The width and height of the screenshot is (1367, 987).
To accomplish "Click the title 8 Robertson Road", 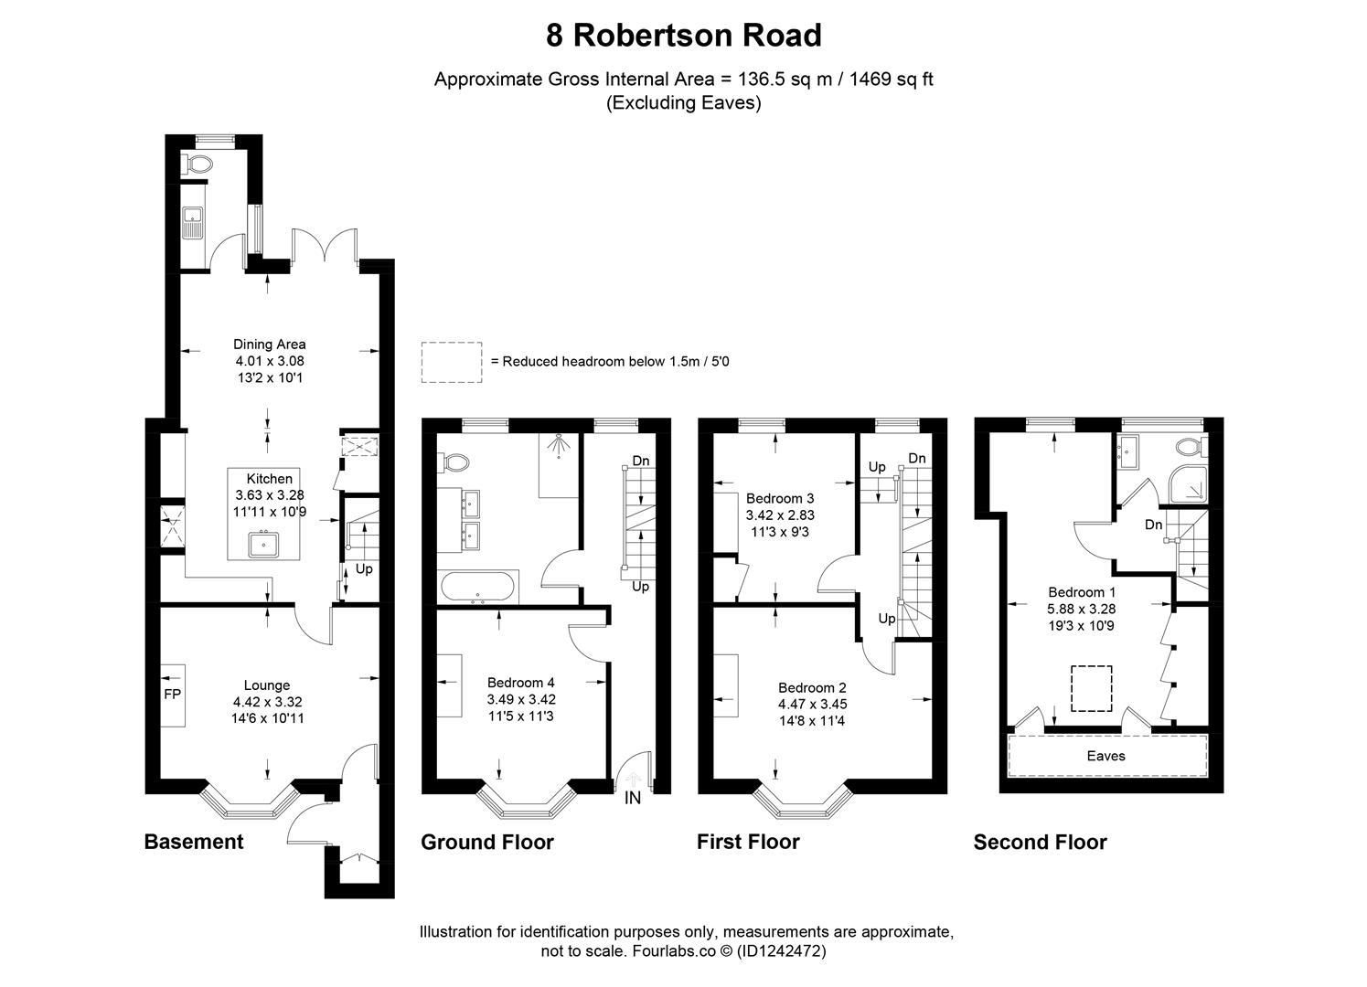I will [x=683, y=36].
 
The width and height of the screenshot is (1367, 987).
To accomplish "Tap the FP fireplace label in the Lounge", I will [x=172, y=695].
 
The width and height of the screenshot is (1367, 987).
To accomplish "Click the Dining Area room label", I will [x=269, y=345].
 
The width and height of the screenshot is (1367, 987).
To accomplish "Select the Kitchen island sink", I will [x=265, y=544].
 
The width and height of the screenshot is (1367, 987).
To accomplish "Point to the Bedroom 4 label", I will [x=520, y=683].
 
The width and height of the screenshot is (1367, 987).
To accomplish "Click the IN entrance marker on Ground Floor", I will [x=632, y=798].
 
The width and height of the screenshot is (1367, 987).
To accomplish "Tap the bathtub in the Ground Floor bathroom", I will [x=478, y=587].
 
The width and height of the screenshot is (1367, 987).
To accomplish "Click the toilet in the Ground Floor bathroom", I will [x=453, y=463].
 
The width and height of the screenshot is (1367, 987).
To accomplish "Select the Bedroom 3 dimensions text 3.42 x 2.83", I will [x=780, y=515].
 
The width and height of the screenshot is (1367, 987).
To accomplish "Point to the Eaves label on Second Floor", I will [x=1105, y=756].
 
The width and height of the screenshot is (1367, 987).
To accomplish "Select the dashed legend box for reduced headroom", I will [x=452, y=361].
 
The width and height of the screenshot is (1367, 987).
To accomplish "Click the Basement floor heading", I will [x=194, y=842].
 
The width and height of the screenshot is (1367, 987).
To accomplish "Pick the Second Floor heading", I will [x=1040, y=843].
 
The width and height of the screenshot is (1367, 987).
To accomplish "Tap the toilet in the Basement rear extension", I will [x=198, y=164].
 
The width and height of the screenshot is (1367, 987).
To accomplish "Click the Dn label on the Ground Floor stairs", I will [x=640, y=461].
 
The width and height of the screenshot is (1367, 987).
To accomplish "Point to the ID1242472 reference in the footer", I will [x=781, y=951].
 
